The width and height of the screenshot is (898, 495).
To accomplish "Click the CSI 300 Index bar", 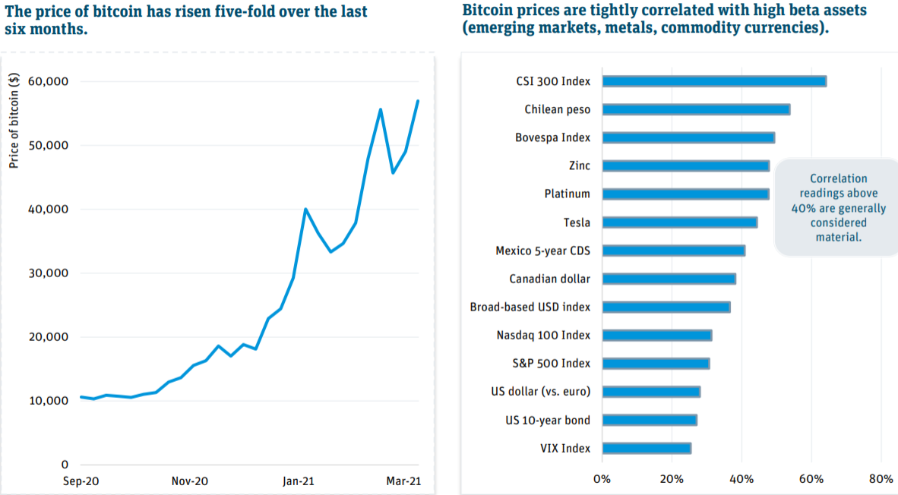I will pos(713,81).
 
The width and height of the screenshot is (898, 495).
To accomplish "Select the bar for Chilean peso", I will pos(695,109).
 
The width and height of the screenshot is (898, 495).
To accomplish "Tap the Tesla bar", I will pos(679,222).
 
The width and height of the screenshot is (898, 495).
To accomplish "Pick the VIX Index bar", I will pos(646,448).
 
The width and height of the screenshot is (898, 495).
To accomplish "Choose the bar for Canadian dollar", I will pos(669,279).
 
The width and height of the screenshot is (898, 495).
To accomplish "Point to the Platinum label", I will pos(567,194).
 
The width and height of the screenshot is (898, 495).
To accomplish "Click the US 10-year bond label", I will pos(548,420).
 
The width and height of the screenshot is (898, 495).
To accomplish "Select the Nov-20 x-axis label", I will pos(189,481).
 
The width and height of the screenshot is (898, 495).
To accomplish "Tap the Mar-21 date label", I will pos(403,481).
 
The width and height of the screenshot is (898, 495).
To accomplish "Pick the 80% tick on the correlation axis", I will pos(881,478).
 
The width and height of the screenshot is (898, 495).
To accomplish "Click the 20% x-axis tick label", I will pos(671,478).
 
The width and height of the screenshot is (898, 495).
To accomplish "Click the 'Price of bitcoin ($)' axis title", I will pos(14,121).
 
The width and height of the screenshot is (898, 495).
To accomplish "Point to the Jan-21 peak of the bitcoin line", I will pos(305,209).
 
